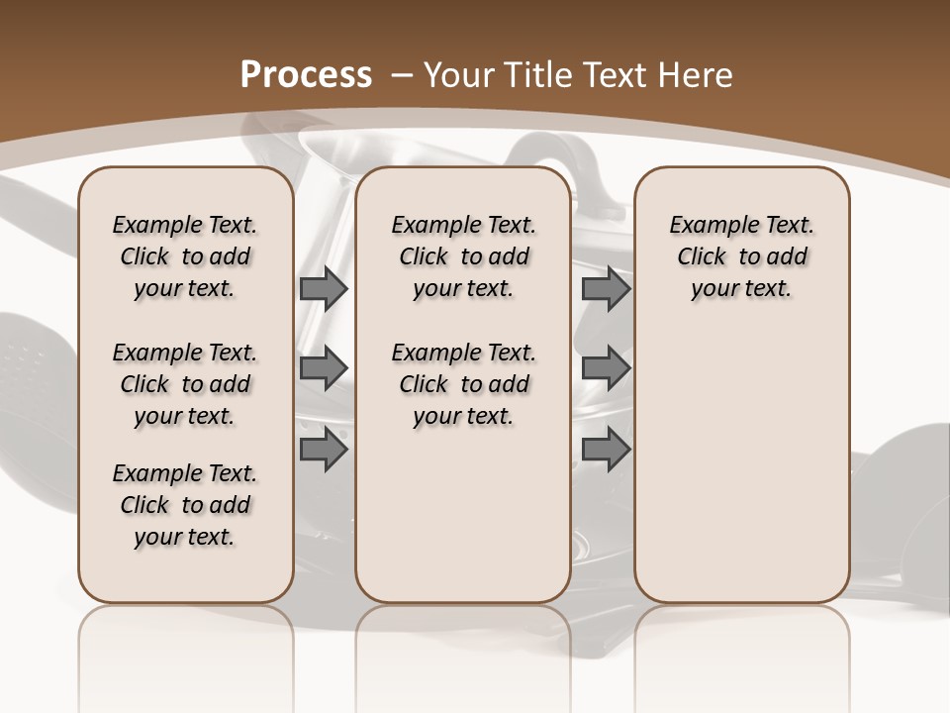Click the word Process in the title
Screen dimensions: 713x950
coord(306,75)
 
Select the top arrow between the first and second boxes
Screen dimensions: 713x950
coord(323,288)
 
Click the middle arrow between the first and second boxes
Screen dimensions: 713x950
coord(323,368)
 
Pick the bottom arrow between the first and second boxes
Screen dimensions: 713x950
coord(323,450)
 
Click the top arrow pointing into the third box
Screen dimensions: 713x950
coord(606,288)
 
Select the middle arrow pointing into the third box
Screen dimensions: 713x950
coord(606,368)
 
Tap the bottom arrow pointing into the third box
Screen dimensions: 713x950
coord(606,450)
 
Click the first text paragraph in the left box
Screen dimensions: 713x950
coord(185,256)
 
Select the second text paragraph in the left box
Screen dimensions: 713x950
coord(185,384)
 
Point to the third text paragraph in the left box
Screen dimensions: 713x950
coord(185,505)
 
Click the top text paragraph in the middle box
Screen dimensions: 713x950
coord(463,256)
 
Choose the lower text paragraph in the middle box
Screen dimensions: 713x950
coord(463,384)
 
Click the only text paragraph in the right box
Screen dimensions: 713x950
coord(741,256)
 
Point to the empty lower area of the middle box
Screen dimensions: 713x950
coord(463,515)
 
